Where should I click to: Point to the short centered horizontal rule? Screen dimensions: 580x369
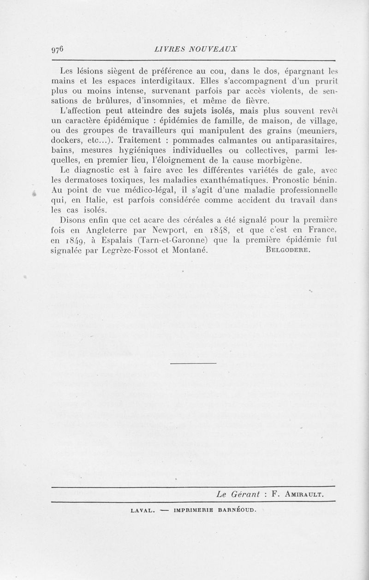[193, 364]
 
